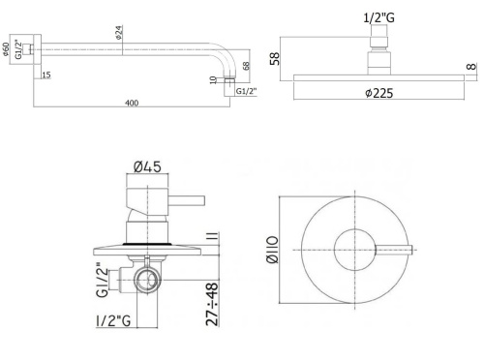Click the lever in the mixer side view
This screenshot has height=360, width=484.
pos(182,201)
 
